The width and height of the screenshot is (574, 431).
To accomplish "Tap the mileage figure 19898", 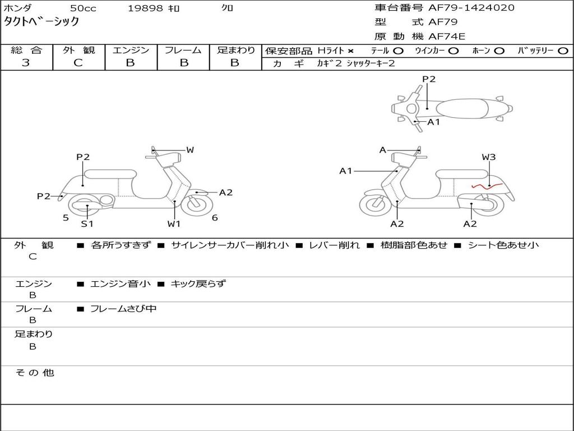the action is point(145,8).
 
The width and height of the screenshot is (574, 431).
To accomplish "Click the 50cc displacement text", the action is point(82,8).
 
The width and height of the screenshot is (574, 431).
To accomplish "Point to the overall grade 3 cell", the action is point(26,63).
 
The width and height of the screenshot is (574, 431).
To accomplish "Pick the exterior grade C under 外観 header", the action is point(78,63).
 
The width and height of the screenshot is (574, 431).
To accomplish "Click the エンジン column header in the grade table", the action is point(131,51).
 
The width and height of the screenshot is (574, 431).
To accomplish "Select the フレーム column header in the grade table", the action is point(183,51).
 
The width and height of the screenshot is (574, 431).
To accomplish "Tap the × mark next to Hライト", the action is point(350,51).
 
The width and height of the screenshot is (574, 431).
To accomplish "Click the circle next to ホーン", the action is point(499,51).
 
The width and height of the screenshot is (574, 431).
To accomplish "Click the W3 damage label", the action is point(489,157).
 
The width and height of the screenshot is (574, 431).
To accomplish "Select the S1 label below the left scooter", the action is point(87,224).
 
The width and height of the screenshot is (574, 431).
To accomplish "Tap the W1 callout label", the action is point(174,224).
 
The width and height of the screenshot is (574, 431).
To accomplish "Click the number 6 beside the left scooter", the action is point(215,218).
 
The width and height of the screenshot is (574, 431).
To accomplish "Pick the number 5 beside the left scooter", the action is point(66,218).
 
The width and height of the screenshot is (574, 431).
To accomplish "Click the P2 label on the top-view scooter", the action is point(429,79).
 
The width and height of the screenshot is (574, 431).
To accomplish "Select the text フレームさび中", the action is point(123,309).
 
